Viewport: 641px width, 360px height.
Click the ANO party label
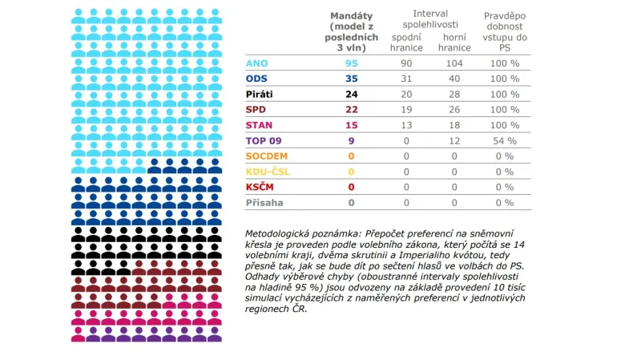point(258,63)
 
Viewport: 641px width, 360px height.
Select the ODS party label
point(258,79)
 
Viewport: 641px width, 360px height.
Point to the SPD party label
point(257,109)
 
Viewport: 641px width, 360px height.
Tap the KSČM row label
point(261,187)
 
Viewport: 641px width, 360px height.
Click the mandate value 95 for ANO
point(351,63)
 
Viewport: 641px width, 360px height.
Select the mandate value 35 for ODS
point(351,79)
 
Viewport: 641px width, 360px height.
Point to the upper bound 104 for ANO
point(454,63)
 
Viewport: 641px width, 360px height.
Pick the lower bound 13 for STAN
point(406,125)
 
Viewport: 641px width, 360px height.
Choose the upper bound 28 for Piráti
point(454,94)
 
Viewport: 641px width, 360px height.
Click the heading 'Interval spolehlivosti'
point(430,19)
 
